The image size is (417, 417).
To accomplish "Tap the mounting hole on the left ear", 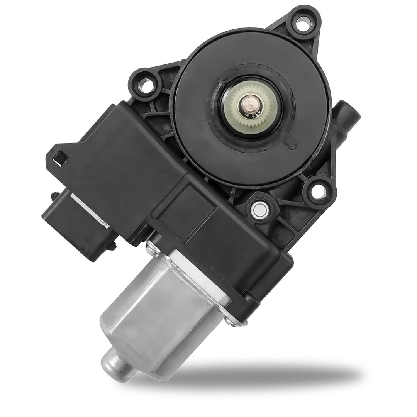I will [146, 85].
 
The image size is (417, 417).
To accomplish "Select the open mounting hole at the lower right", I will [317, 192].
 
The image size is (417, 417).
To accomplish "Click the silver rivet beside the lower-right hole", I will [258, 210].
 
